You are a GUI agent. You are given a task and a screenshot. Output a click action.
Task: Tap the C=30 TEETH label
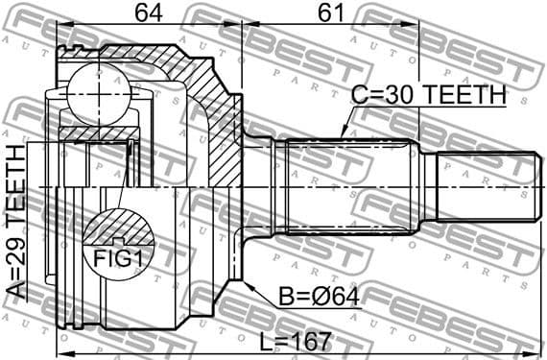(x=427, y=94)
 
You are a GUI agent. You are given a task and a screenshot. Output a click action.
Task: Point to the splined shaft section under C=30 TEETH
(x=345, y=186)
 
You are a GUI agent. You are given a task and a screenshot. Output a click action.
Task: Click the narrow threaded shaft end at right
(x=485, y=186)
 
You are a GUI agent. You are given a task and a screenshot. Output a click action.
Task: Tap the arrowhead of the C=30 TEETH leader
(x=342, y=137)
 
